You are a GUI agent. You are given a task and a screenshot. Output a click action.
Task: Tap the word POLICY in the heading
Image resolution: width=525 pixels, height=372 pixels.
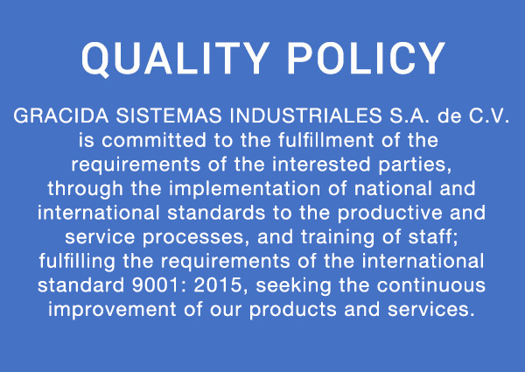pos(367,59)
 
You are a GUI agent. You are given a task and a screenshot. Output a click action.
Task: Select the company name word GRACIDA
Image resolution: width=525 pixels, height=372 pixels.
pos(61,116)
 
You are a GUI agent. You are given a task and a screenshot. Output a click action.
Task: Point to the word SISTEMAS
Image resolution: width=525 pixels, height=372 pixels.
pos(169,116)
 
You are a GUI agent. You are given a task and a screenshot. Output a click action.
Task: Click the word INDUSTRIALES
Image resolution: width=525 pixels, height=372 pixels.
pos(305,116)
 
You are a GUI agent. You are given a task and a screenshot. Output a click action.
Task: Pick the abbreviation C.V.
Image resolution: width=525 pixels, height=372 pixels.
pos(489,116)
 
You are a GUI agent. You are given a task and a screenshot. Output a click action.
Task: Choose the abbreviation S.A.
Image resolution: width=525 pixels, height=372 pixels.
pos(409,116)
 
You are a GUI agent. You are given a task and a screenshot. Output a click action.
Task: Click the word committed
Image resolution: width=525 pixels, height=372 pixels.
pos(154,140)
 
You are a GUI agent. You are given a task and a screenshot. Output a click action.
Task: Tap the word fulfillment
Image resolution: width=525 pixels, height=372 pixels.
pos(325,140)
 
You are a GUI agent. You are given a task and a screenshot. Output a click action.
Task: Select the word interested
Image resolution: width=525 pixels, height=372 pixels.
pos(321,164)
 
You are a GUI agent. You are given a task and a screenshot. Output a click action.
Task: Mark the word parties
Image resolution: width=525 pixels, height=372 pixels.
pos(415,165)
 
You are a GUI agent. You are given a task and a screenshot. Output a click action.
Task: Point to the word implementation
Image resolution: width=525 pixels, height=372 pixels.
pos(244,189)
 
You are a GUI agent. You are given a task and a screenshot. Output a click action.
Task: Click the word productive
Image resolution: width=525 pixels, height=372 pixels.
pos(389,214)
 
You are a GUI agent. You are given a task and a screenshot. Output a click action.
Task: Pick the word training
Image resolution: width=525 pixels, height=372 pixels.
pos(338,238)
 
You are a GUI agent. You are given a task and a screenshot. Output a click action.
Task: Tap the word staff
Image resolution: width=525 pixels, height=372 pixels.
pos(432,236)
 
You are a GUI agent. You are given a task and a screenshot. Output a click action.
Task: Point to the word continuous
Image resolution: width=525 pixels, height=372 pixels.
pos(430,285)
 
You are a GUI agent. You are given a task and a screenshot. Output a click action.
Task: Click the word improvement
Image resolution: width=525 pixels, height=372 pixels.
pos(112,310)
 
